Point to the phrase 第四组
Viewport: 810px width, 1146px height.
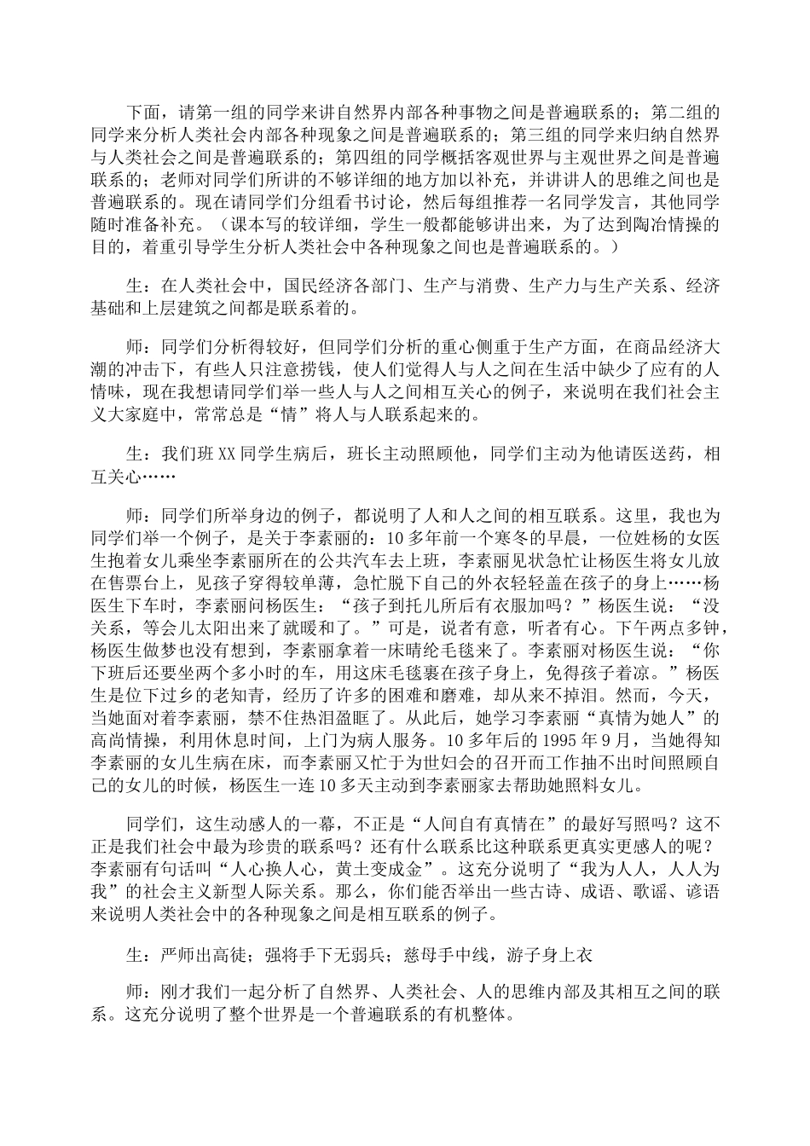(x=367, y=158)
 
